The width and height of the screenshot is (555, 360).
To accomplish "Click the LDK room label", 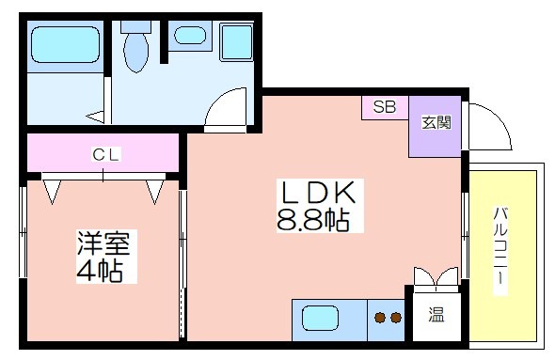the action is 318,193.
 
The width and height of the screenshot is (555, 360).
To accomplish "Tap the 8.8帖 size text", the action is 313,220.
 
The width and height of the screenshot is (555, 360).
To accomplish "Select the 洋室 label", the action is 103,243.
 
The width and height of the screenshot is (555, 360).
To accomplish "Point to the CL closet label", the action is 105,155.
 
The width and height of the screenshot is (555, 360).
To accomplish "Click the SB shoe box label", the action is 385,106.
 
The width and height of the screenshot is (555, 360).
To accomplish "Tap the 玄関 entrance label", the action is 436,123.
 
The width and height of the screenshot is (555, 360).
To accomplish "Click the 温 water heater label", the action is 436,314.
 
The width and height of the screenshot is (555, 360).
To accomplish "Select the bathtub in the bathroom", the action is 65,44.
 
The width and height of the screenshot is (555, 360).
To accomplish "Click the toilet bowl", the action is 136,53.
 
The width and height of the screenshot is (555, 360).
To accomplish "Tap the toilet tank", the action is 135,27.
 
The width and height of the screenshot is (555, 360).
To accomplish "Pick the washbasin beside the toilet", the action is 190,36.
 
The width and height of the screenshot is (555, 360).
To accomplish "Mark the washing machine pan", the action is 236,41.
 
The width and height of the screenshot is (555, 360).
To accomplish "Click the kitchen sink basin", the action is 321,319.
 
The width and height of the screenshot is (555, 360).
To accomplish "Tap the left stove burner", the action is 380,318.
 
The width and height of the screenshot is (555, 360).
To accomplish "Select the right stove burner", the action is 396,318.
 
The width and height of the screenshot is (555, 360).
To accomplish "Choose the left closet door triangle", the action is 52,192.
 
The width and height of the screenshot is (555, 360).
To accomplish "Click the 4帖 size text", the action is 100,271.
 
